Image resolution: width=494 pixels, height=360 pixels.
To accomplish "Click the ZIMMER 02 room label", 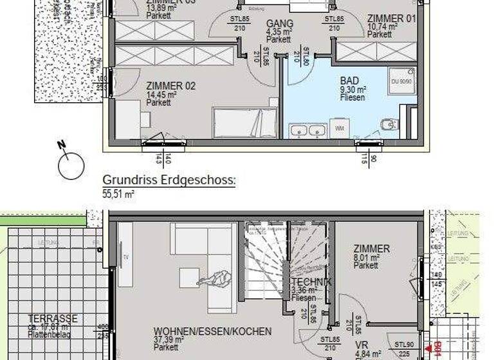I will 170,85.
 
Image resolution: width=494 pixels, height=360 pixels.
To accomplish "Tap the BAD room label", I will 349,82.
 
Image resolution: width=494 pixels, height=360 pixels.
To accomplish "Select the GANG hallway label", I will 279,22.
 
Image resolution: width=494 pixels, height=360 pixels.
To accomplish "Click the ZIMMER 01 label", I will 392,19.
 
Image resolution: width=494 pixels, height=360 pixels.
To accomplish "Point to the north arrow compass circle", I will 71,166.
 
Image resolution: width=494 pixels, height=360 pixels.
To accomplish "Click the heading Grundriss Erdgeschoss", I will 169,181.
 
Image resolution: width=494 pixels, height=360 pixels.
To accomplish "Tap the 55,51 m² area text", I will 118,193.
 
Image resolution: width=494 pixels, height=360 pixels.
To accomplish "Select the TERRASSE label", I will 53,318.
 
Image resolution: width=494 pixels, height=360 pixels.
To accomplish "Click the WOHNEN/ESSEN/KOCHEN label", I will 212,331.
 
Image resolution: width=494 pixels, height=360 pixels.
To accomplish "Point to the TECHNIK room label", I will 312,282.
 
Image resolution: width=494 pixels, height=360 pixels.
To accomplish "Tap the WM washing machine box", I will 340,129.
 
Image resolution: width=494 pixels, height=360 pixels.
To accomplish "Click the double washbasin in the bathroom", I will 308,130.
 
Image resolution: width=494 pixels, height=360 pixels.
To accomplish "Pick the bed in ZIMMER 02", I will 245,122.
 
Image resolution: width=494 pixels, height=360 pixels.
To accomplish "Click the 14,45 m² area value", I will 161,94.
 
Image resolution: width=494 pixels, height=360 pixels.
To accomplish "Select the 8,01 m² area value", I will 365,257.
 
